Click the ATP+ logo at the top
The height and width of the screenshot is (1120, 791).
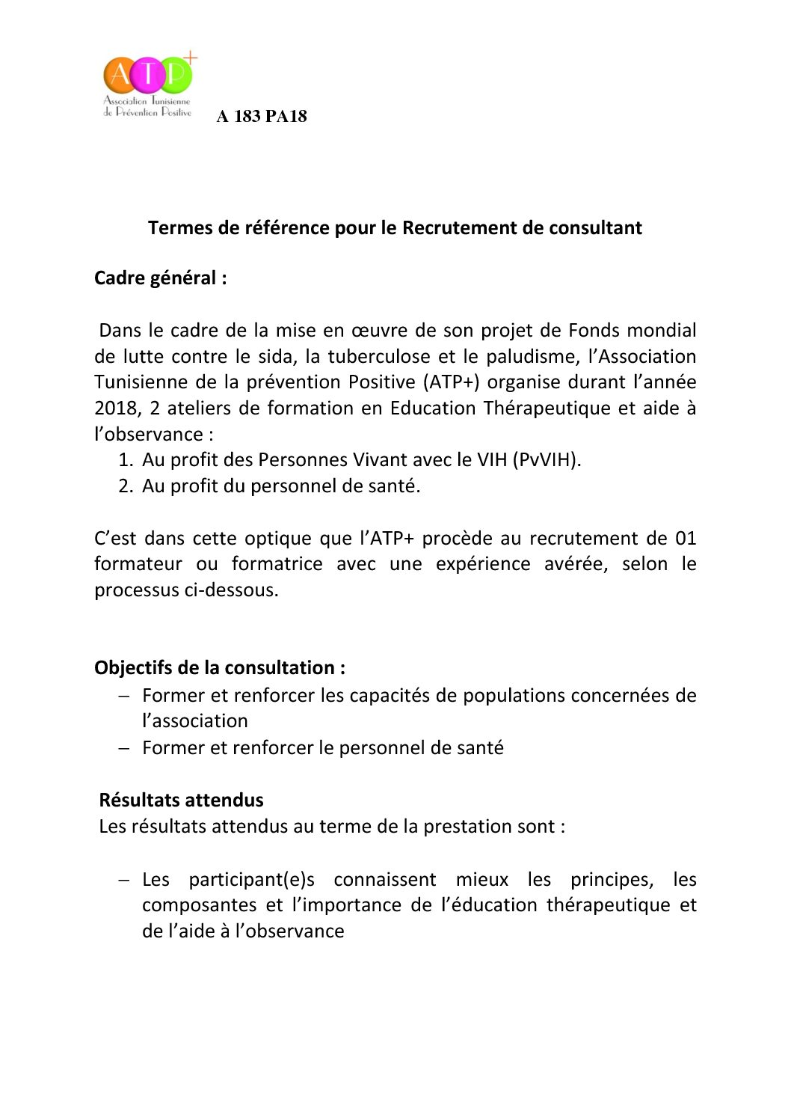pos(149,85)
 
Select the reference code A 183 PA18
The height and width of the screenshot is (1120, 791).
pos(262,117)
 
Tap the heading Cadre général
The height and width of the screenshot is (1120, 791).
pos(160,278)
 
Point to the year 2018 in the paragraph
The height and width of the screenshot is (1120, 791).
pos(115,408)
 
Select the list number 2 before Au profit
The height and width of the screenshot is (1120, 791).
pos(125,486)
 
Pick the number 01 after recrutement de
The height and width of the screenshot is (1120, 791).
pos(685,539)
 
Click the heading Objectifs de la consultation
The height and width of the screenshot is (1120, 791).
pos(219,668)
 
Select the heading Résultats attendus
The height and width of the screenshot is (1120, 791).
pos(181,801)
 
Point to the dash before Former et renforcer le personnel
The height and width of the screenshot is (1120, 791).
pos(124,748)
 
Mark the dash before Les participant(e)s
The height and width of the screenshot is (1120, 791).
pos(124,880)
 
